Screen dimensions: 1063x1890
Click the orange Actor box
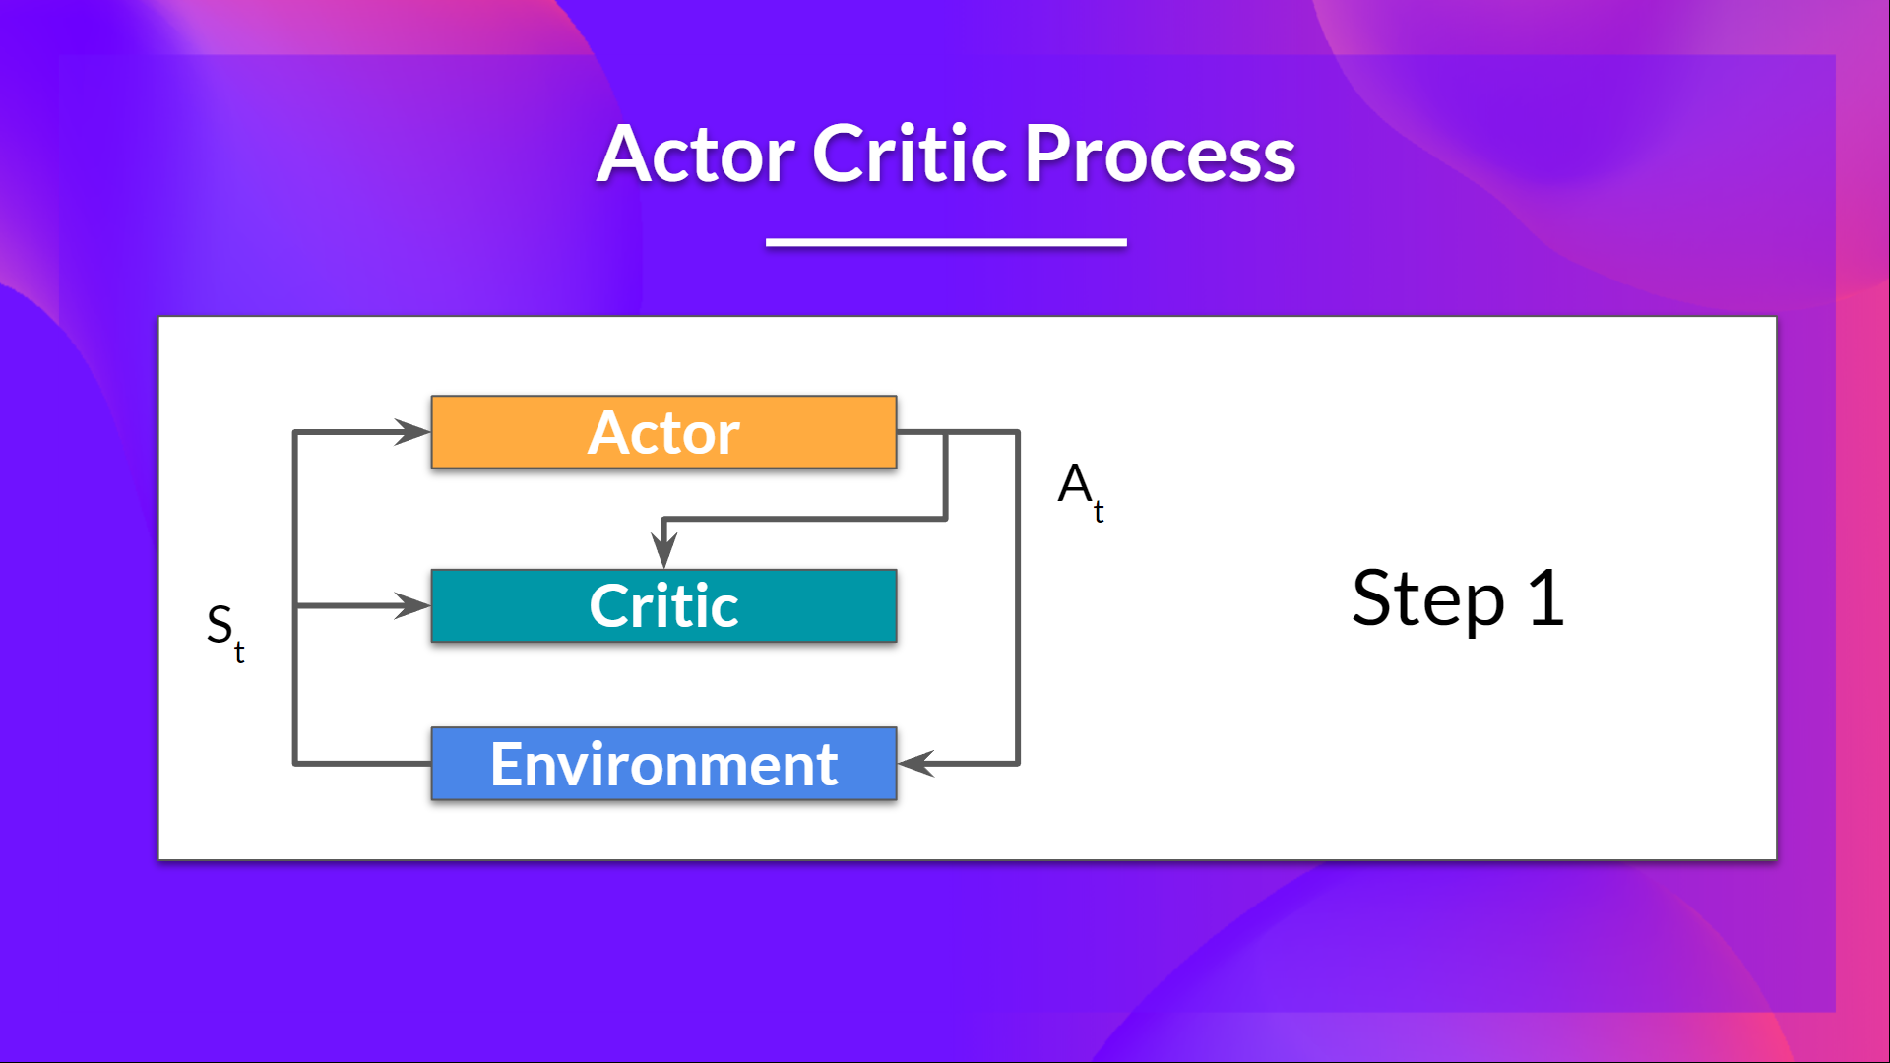663,432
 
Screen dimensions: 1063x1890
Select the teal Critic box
663,605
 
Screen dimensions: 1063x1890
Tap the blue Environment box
663,764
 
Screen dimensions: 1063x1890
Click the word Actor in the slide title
697,155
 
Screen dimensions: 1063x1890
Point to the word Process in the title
1160,155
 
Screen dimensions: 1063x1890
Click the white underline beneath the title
946,242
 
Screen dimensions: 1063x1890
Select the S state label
220,624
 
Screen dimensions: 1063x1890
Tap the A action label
1074,483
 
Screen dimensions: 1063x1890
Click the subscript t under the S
239,653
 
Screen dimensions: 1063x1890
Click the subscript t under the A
1099,512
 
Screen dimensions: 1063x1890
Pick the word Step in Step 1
1427,599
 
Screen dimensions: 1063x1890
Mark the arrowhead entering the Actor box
413,432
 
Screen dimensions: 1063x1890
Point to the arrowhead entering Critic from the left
413,605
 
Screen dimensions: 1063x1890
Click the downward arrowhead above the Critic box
664,549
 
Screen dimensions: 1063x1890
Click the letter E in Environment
507,765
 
